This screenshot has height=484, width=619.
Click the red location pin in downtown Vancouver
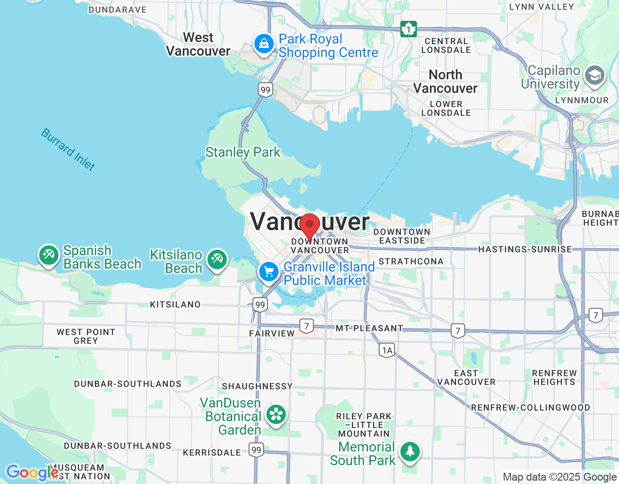[309, 226]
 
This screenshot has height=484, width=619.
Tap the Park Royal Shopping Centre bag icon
[264, 45]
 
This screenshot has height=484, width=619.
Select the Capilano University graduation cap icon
[594, 76]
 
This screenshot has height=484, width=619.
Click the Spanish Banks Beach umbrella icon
[49, 255]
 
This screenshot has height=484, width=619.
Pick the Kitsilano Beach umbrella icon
[217, 259]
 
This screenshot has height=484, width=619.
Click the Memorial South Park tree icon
[410, 452]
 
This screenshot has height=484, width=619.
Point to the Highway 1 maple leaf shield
[409, 29]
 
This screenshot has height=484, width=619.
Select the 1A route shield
[387, 350]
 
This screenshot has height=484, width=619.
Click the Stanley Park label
[243, 152]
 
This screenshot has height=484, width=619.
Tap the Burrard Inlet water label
[68, 150]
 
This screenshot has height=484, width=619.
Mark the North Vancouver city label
[445, 81]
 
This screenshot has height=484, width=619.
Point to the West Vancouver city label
[198, 45]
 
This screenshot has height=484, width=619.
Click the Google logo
[32, 472]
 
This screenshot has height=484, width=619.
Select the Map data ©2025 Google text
[560, 477]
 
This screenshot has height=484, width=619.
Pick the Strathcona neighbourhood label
[411, 261]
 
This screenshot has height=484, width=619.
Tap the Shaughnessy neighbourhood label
[257, 386]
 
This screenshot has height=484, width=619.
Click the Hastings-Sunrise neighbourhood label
[525, 249]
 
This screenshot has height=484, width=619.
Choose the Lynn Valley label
[542, 7]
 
